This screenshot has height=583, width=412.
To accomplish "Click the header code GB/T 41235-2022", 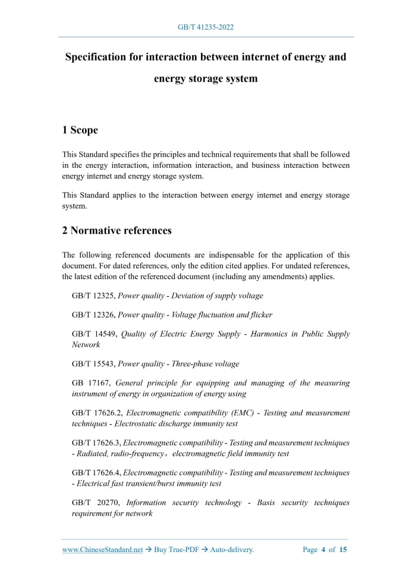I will coord(206,27).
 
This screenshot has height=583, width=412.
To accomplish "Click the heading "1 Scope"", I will coord(80,130).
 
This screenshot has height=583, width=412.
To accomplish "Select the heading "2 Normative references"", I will coord(117,230).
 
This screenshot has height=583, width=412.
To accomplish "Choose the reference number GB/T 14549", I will coord(93,334).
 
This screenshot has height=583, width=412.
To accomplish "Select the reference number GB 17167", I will coord(91,383).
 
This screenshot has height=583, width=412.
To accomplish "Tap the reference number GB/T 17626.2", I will coord(97,413).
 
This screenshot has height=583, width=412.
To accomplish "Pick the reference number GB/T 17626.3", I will coord(96,443).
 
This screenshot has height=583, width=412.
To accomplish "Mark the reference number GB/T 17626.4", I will coord(96,473).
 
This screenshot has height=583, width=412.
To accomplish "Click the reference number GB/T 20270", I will coord(94,503).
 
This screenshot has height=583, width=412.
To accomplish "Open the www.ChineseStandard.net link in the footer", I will coord(103,550).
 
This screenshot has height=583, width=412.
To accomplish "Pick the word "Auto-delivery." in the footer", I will coord(231,550).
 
